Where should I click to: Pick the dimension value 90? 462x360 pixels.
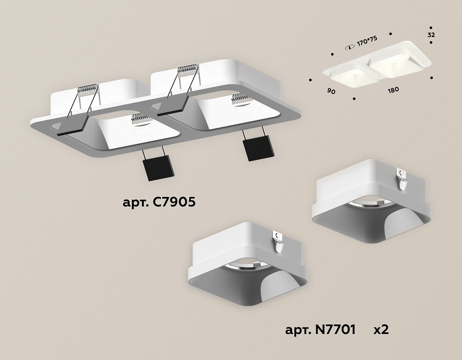coord(331,91)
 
